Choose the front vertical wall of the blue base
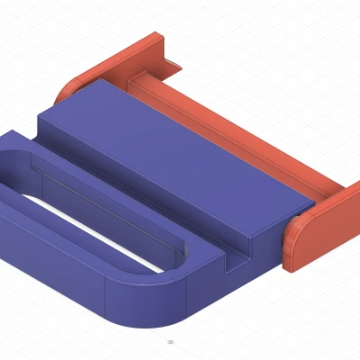(54, 279)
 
